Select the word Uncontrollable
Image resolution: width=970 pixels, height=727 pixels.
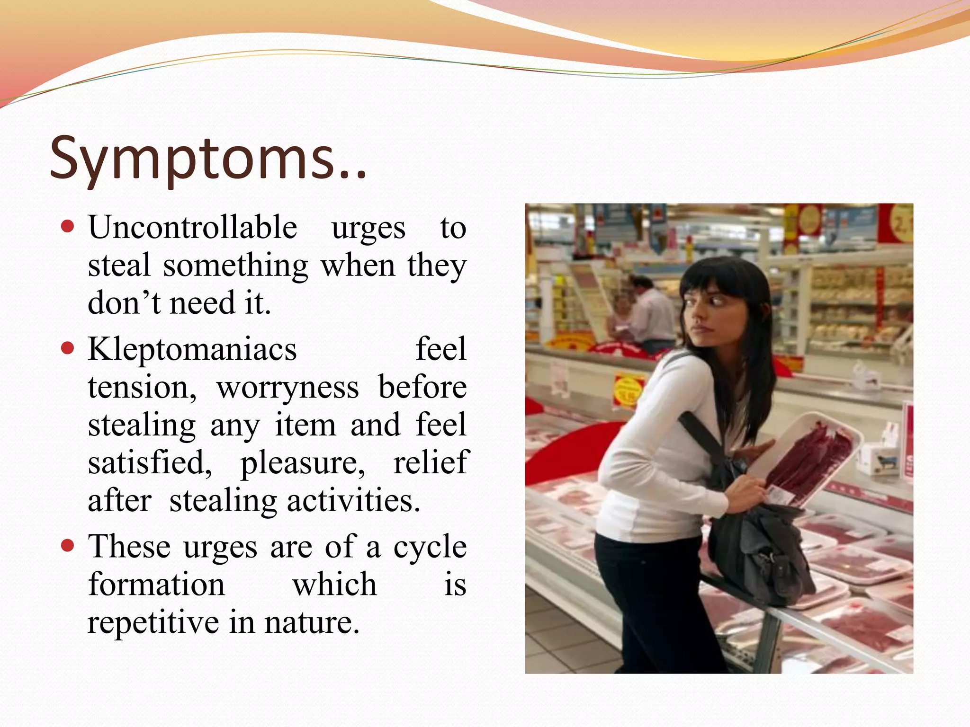[192, 228]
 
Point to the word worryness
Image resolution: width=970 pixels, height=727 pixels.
[287, 388]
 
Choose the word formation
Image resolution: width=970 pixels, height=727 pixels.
[156, 585]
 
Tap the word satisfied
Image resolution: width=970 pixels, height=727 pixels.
[150, 463]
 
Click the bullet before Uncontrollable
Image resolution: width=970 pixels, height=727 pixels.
[68, 226]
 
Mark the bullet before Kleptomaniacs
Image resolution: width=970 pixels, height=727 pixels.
[68, 349]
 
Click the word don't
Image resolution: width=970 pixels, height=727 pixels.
[124, 303]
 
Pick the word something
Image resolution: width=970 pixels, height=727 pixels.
[235, 266]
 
